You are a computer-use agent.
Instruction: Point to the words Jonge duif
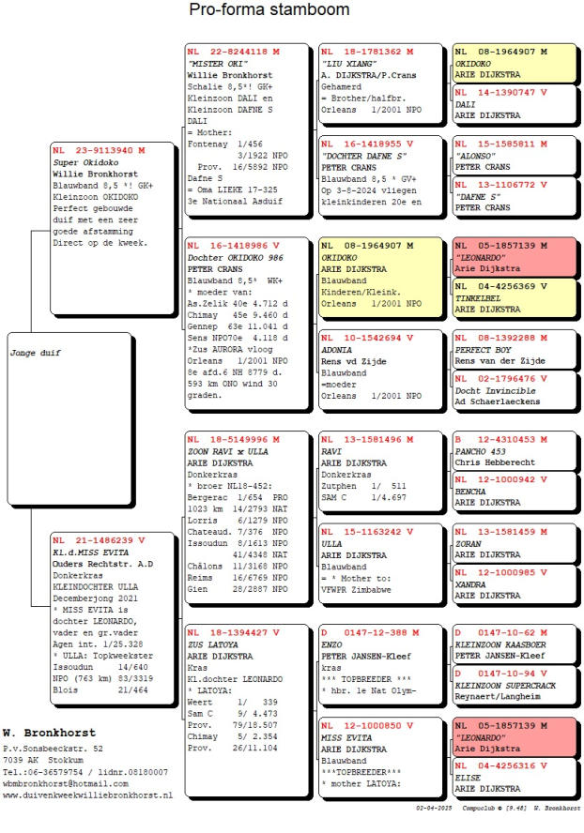pos(30,355)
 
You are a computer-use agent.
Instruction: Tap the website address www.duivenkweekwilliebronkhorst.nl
pos(87,795)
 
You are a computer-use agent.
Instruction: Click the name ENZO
pos(330,645)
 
